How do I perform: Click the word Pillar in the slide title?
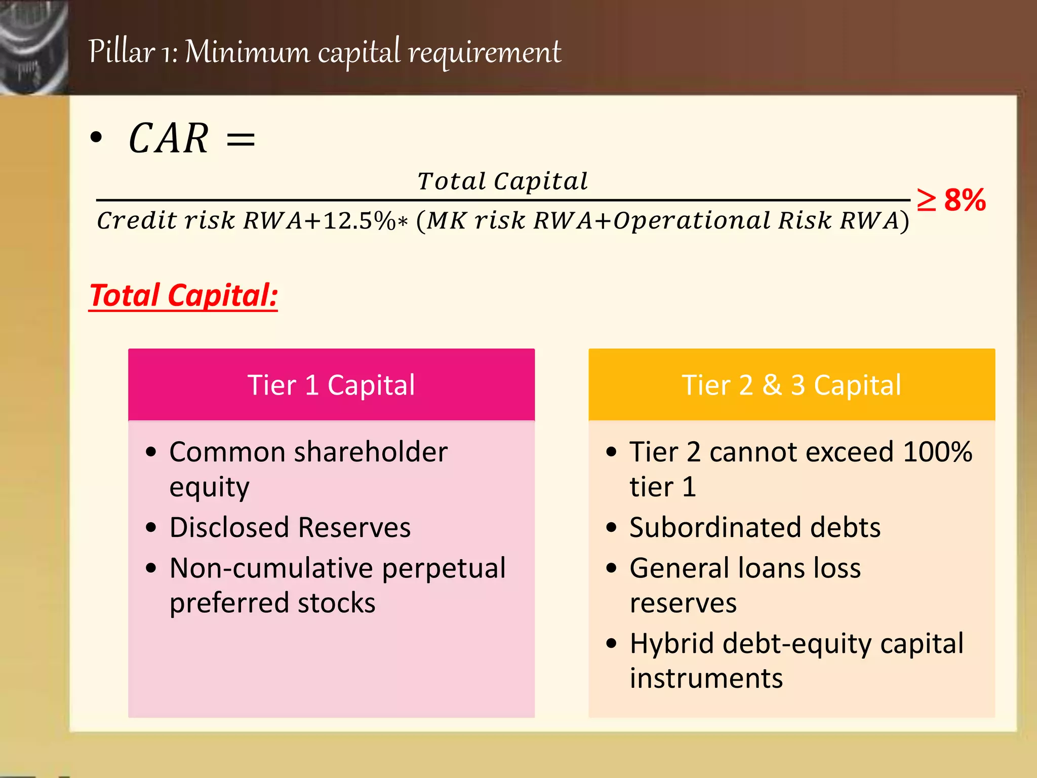point(122,52)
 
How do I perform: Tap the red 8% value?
point(965,200)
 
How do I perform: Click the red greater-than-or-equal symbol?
point(927,200)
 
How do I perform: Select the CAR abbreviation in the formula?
point(168,139)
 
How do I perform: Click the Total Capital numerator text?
point(503,181)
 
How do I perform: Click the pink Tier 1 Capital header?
point(331,385)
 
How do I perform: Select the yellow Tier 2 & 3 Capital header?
point(791,385)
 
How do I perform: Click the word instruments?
point(706,679)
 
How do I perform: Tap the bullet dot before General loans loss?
point(612,568)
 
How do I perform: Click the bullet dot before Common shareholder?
point(151,452)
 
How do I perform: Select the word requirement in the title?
point(485,52)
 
